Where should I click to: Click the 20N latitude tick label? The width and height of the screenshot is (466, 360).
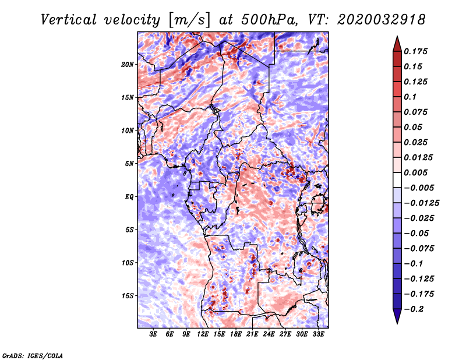point(127,65)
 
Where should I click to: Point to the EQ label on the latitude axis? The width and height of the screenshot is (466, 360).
point(129,197)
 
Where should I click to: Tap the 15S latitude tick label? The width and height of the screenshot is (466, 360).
point(127,296)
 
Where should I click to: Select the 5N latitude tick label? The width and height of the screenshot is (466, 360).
point(129,164)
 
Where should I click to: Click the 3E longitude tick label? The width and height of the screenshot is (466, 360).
point(153,334)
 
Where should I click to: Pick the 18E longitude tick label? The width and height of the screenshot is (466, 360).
point(236,334)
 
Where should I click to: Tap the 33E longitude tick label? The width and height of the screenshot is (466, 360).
point(318,334)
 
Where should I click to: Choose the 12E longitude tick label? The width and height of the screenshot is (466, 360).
point(203,334)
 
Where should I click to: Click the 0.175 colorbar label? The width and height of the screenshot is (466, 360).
point(415,51)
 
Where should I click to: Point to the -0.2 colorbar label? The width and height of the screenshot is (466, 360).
point(414,309)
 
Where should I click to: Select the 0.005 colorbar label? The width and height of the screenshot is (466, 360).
point(415,172)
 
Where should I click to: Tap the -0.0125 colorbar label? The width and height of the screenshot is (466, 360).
point(421,203)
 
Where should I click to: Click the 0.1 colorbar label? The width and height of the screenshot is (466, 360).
point(410,97)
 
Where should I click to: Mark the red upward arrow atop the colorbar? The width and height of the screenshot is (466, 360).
point(397,44)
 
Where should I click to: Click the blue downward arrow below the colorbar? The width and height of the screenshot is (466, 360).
point(397,316)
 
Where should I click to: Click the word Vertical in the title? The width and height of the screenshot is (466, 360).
point(68,20)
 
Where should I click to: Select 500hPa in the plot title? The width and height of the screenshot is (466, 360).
point(269,20)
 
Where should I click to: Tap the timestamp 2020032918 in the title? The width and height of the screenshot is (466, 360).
point(381,20)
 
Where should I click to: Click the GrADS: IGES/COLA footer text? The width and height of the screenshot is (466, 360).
point(33,355)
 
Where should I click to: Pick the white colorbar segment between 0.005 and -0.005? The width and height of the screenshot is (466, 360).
point(397,180)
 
